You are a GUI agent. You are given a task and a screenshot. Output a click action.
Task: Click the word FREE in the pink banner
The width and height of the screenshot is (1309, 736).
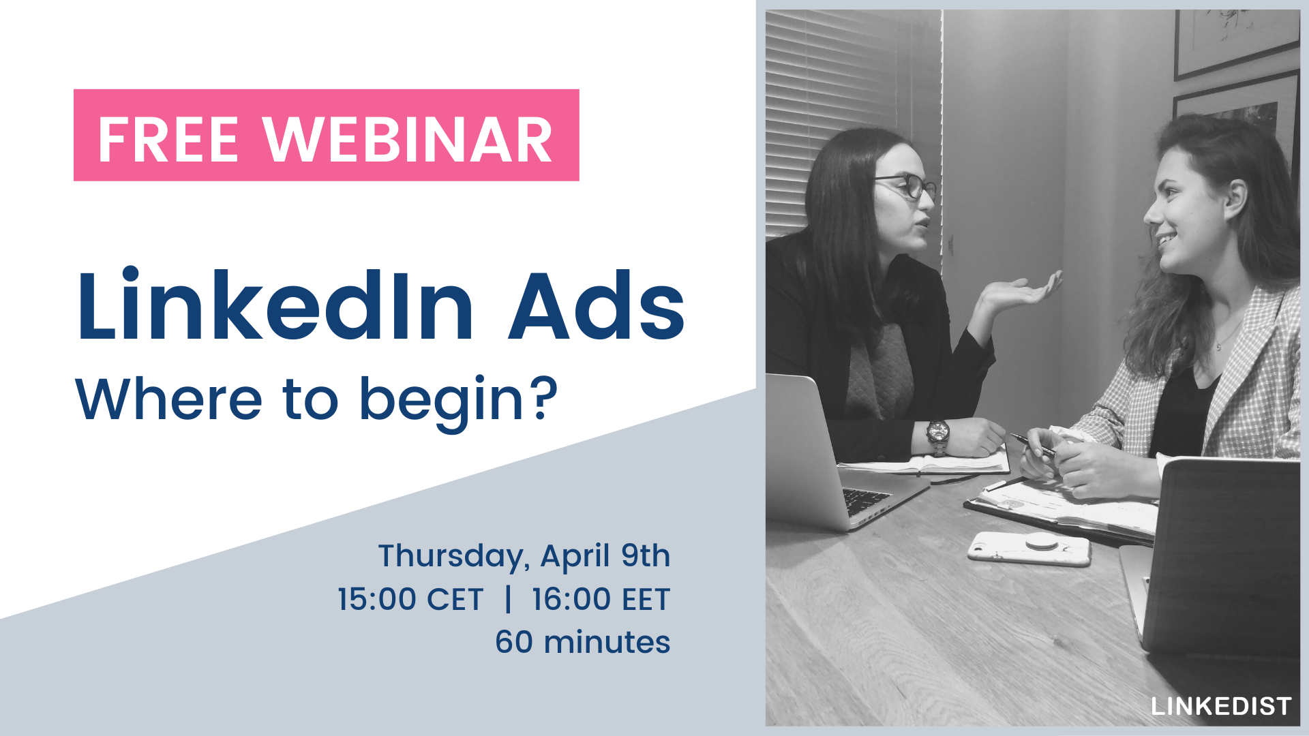click(168, 140)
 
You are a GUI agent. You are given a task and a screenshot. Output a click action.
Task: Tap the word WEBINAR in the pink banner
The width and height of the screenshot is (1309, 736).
click(408, 140)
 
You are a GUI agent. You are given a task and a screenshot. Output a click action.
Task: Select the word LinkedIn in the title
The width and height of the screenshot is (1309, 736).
click(275, 305)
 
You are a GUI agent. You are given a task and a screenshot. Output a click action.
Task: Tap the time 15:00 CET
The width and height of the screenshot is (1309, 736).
click(410, 600)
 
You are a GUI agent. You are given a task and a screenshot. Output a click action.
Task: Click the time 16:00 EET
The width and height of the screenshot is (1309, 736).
click(601, 600)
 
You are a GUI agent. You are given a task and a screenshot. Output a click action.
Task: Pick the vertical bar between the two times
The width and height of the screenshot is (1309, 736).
click(508, 600)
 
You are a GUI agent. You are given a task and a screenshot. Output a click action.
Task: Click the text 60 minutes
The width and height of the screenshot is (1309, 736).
click(583, 643)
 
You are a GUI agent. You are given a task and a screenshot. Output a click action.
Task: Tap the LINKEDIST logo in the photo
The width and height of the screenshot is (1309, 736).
click(1221, 707)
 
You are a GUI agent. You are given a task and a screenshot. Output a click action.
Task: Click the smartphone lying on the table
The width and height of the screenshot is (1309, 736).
click(1029, 549)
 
